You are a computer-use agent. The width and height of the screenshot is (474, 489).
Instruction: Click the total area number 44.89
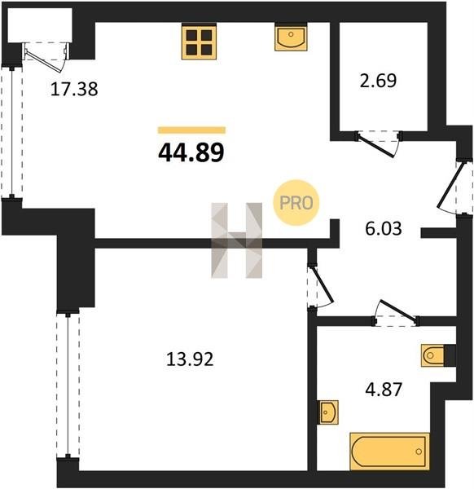click(191, 153)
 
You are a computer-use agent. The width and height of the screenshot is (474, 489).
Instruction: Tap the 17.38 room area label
click(74, 89)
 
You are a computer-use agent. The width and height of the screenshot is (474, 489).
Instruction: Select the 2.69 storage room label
click(378, 81)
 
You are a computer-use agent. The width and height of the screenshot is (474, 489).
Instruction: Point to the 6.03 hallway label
click(384, 228)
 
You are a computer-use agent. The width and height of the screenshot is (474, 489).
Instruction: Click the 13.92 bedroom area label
click(190, 359)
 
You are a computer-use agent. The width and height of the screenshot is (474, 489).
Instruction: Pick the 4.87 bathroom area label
click(384, 390)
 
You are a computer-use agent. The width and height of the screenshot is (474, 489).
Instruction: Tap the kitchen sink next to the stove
click(291, 37)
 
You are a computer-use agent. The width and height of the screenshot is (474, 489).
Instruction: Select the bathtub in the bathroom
click(389, 452)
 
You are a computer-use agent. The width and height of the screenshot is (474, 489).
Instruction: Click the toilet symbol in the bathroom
click(432, 355)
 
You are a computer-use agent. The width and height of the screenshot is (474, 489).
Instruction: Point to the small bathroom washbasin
click(327, 412)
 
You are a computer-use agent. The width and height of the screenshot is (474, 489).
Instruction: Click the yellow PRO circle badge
click(296, 203)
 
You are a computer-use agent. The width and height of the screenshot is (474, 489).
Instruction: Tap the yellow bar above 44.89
click(191, 130)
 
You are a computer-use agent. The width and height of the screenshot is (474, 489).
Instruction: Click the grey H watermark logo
click(237, 240)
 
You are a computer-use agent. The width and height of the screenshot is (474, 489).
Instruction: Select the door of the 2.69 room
click(377, 146)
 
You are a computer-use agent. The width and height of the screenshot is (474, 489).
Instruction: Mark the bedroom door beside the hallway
click(322, 286)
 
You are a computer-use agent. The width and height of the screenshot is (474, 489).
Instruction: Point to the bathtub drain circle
click(419, 452)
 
